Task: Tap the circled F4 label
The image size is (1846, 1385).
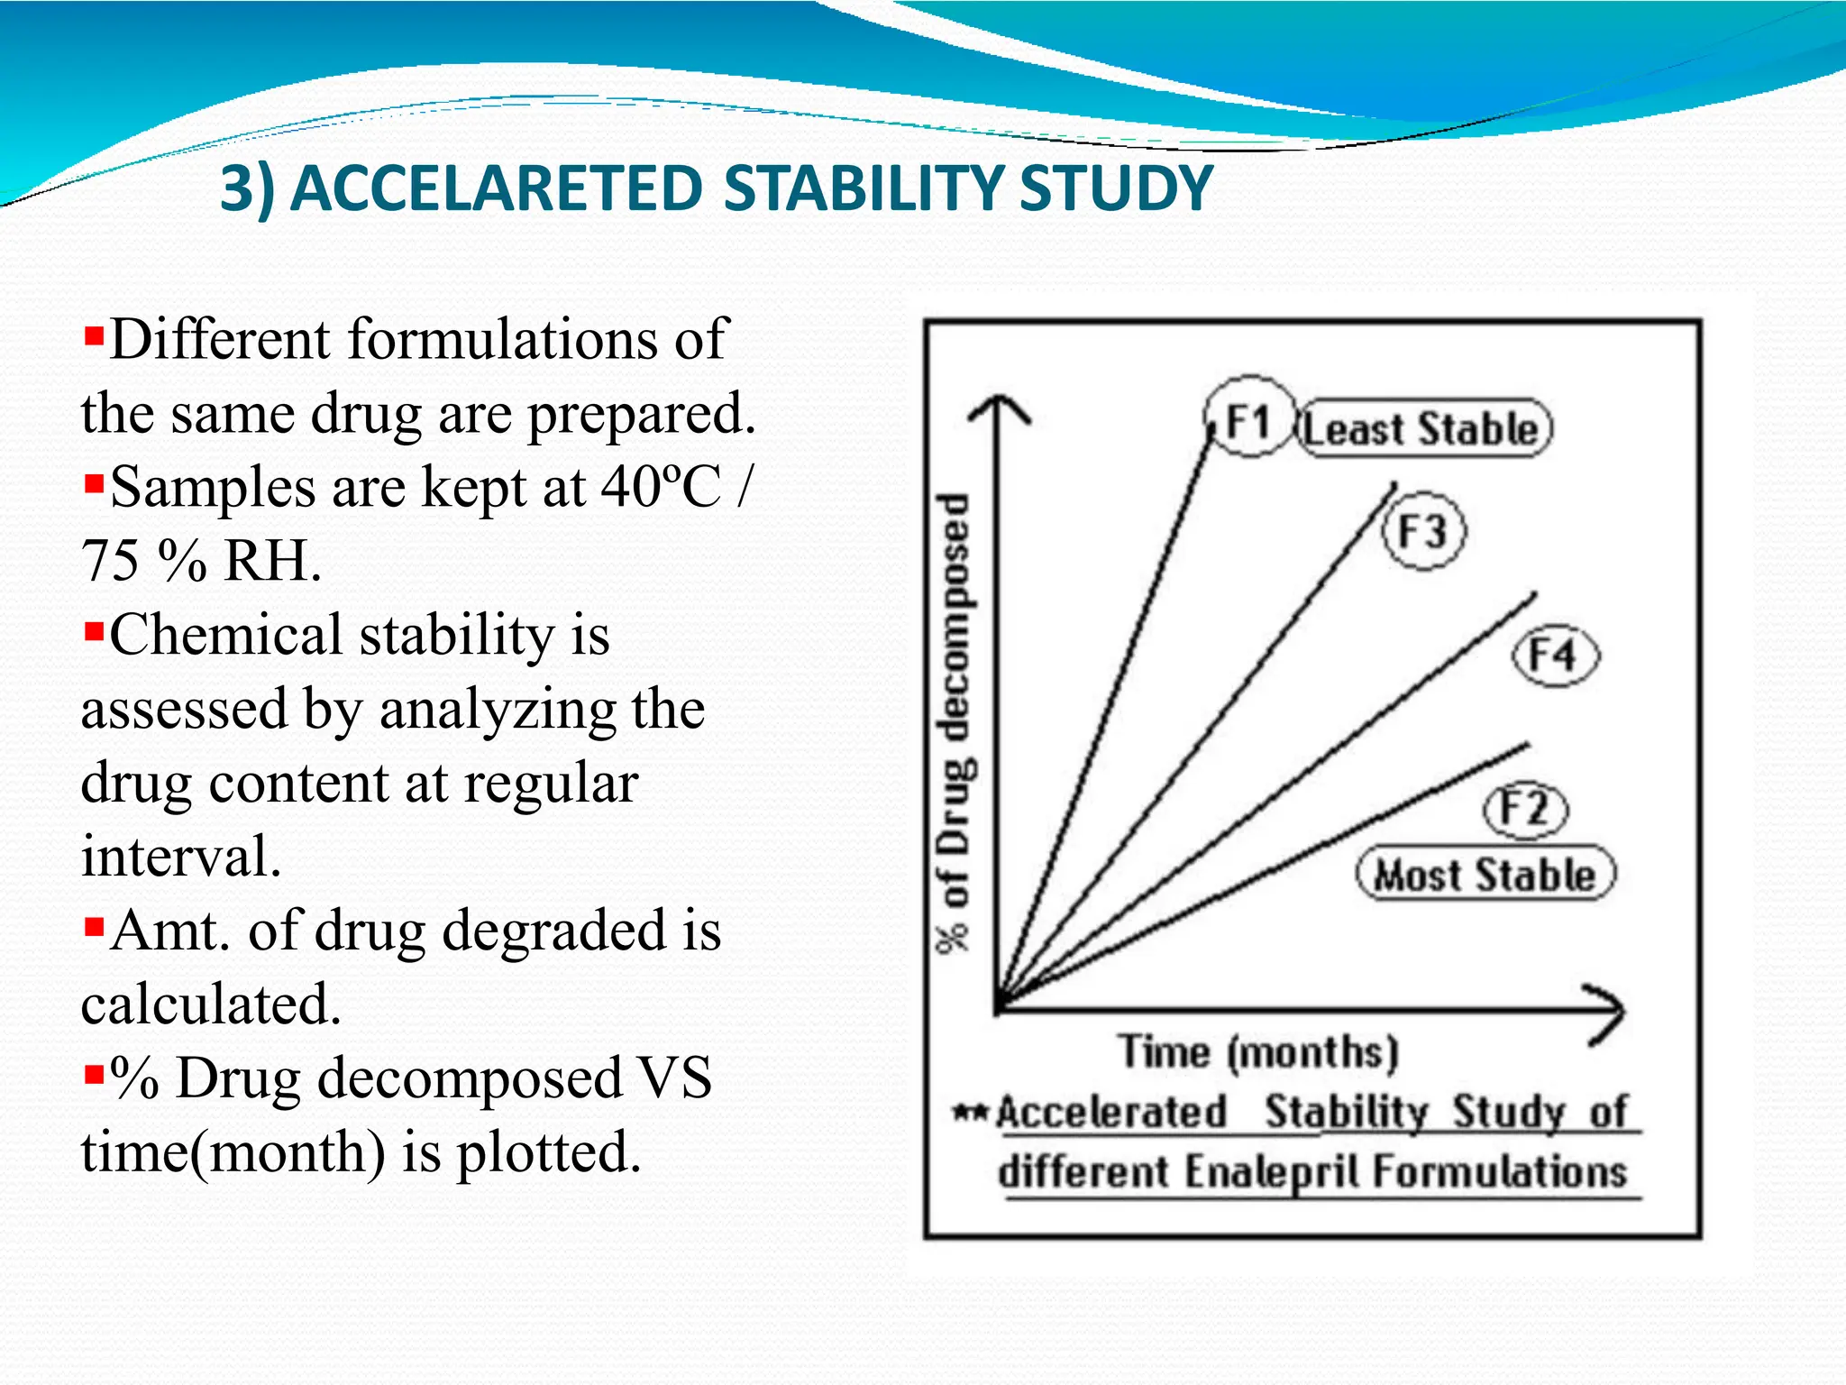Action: (1554, 656)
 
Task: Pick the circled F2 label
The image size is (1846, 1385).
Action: (1525, 808)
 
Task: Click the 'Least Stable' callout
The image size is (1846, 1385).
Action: (1423, 428)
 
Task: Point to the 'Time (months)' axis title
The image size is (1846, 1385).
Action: (1258, 1052)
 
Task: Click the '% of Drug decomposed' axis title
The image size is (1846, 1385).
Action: (955, 721)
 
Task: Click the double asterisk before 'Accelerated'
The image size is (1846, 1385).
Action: (972, 1112)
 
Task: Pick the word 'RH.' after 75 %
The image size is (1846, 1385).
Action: (272, 561)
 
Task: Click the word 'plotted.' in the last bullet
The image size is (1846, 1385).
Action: (549, 1152)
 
